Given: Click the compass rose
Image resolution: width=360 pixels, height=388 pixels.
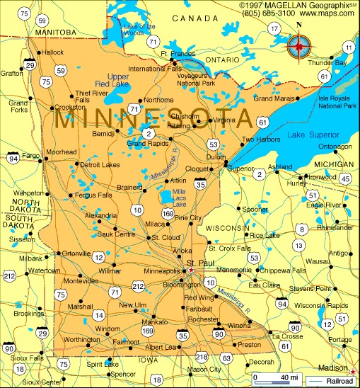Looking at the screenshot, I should (298, 47).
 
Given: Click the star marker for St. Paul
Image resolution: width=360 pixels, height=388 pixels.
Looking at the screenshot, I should (190, 270).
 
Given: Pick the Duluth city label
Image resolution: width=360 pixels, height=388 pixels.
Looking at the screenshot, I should (215, 157).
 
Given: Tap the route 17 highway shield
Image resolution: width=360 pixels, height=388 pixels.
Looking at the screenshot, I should (274, 29).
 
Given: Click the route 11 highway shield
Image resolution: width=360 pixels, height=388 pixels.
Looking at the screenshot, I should (348, 47).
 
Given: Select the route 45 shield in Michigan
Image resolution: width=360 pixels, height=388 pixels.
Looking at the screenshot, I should (345, 179).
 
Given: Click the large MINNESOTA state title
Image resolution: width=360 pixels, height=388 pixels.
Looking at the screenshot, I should (152, 118).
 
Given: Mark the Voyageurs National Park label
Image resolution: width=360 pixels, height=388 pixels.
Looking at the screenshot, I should (194, 79).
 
